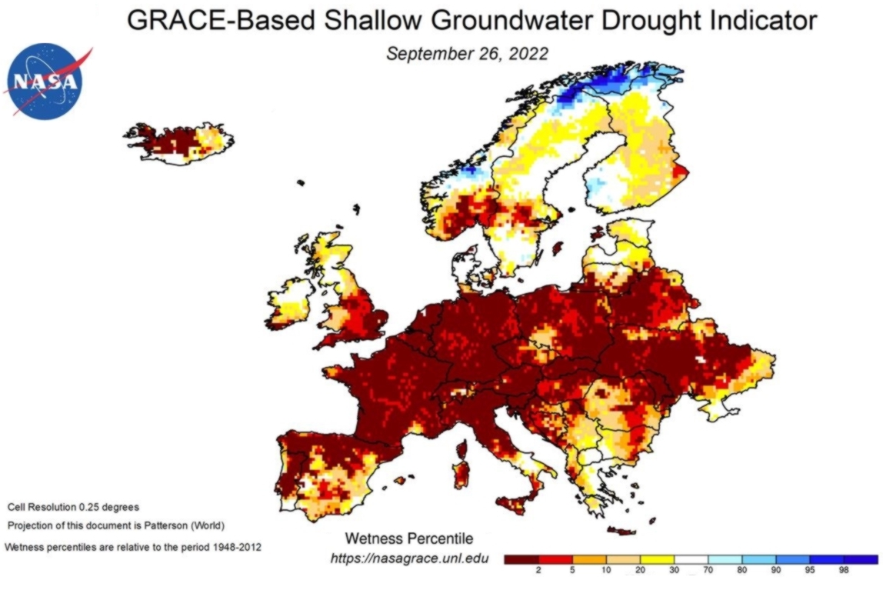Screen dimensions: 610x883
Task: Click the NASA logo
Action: click(45, 80)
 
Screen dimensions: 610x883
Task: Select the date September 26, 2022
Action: click(467, 54)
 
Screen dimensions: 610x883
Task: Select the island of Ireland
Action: click(290, 300)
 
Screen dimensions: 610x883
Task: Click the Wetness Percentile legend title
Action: click(408, 538)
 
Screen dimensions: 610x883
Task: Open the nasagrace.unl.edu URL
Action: click(408, 558)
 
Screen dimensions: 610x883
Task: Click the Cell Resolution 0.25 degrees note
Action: click(73, 508)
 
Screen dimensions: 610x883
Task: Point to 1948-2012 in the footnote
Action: click(234, 547)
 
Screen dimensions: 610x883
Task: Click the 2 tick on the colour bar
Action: click(538, 572)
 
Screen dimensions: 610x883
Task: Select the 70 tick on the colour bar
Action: click(708, 572)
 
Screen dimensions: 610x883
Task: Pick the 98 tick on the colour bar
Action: click(844, 572)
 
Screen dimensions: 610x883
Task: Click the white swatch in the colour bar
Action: click(691, 559)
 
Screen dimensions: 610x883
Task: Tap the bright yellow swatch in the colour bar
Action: click(657, 559)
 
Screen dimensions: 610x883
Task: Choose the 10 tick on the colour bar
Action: click(606, 572)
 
